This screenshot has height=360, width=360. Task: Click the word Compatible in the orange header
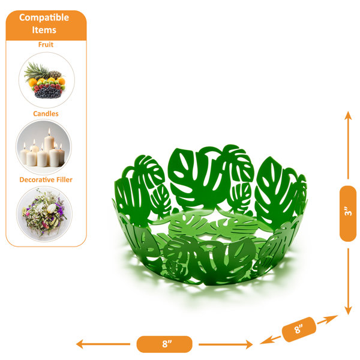(x=44, y=17)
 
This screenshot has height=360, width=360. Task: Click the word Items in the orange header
(x=44, y=30)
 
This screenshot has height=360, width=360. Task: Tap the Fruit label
(x=46, y=44)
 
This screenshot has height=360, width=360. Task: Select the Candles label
(x=46, y=113)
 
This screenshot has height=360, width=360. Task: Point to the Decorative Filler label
(x=46, y=179)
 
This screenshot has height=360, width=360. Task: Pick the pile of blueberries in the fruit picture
(x=48, y=92)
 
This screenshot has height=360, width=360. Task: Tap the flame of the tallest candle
(x=49, y=131)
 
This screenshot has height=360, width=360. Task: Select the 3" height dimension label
(x=348, y=213)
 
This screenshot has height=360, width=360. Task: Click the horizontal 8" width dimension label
(x=164, y=344)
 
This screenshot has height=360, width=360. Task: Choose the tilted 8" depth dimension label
(x=299, y=329)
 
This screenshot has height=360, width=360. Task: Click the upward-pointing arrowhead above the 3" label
(x=348, y=115)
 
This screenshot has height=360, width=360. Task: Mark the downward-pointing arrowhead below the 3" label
(x=348, y=311)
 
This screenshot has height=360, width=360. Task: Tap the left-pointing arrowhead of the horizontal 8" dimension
(x=80, y=344)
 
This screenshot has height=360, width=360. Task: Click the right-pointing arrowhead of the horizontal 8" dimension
(x=249, y=344)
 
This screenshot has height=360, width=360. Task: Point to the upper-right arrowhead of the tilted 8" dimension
(x=333, y=318)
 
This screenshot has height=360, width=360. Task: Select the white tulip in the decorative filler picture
(x=51, y=208)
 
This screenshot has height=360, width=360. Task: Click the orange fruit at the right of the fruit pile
(x=61, y=81)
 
